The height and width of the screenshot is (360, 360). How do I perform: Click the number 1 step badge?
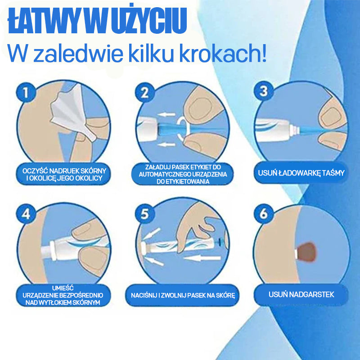26,92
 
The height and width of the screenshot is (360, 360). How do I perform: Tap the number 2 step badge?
144,92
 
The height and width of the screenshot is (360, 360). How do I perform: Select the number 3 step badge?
264,91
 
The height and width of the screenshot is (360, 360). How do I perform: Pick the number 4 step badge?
26,214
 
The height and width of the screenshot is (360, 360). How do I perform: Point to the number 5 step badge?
144,214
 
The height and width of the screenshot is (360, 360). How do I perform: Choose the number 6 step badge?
264,214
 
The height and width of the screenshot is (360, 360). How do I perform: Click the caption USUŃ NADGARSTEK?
301,295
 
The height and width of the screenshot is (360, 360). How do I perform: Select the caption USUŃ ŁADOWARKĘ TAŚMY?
301,173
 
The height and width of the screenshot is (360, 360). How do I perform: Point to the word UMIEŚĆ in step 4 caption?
63,288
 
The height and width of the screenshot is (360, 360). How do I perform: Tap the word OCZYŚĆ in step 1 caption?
35,171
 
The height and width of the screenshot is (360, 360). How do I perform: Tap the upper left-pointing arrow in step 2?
166,114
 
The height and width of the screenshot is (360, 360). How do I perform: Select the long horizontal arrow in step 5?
202,258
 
